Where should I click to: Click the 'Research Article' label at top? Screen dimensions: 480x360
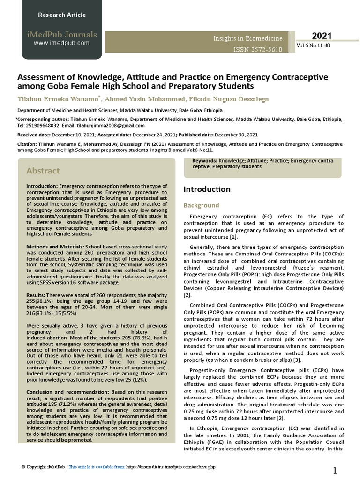pyautogui.click(x=61, y=15)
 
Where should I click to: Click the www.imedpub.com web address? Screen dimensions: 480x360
pyautogui.click(x=61, y=43)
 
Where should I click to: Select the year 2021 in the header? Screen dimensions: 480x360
pyautogui.click(x=322, y=36)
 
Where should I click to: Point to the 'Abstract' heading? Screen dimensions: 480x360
pyautogui.click(x=43, y=171)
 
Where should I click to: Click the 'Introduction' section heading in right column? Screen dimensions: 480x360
pyautogui.click(x=207, y=189)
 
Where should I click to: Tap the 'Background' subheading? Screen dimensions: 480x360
pyautogui.click(x=201, y=205)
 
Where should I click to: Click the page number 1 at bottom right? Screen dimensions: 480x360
pyautogui.click(x=335, y=470)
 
